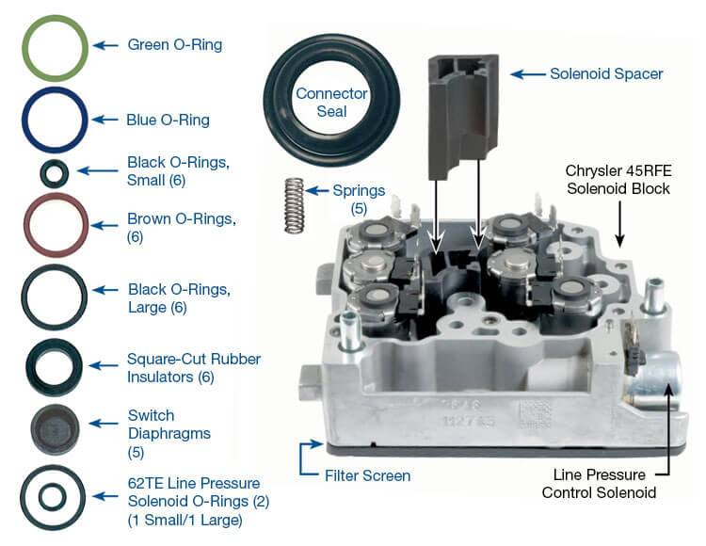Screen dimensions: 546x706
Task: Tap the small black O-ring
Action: point(55,172)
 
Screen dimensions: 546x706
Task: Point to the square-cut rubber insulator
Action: point(55,361)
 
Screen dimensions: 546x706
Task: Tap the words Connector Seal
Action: point(320,103)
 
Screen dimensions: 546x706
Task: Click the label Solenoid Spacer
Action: point(607,72)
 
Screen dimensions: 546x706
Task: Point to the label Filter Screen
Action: point(367,475)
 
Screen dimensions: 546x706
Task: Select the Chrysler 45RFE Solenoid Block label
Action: point(617,179)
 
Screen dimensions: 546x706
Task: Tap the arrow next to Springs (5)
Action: point(318,190)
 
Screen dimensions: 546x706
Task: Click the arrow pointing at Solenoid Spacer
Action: point(524,72)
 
